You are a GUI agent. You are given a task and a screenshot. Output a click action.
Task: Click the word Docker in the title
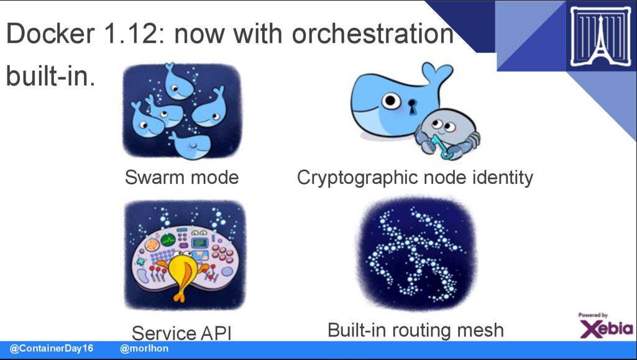[x=50, y=34]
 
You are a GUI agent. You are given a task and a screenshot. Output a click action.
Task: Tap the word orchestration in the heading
[x=372, y=34]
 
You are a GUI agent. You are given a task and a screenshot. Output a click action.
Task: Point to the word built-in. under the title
[x=51, y=76]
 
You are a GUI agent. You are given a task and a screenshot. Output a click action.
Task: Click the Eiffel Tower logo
[x=601, y=37]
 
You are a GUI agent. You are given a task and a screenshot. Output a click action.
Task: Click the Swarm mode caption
[x=181, y=177]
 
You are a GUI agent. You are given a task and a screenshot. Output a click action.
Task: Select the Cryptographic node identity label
[x=415, y=178]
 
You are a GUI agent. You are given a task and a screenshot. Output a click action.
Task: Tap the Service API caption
[x=181, y=333]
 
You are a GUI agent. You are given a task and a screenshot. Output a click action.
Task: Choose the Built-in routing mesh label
[x=416, y=330]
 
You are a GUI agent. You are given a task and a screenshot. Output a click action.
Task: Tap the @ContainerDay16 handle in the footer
[x=52, y=348]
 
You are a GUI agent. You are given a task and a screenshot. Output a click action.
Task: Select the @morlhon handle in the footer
[x=144, y=348]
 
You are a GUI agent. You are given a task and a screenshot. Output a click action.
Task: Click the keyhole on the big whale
[x=413, y=107]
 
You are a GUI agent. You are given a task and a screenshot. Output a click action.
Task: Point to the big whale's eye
[x=391, y=100]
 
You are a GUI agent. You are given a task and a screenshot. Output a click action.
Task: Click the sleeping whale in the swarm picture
[x=191, y=145]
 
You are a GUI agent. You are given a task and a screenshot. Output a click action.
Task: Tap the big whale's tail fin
[x=436, y=73]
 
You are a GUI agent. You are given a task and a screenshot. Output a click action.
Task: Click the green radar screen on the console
[x=168, y=240]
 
